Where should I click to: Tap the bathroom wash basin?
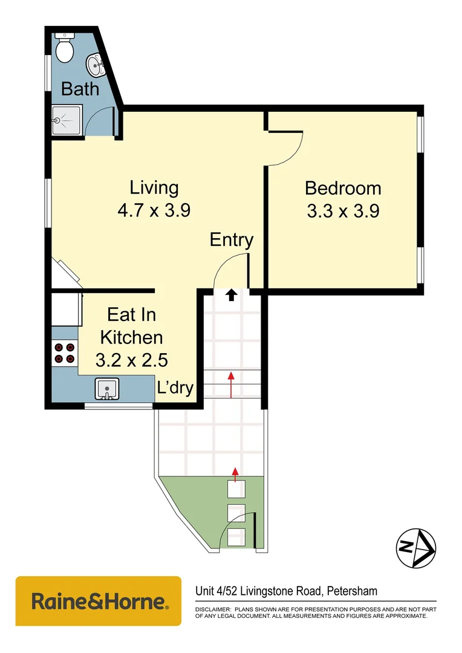(x=96, y=63)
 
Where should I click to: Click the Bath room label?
(x=80, y=89)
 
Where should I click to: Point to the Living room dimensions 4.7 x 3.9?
(x=155, y=210)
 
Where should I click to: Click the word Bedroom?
(x=343, y=188)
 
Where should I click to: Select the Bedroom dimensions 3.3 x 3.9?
(x=343, y=211)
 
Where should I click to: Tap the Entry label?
(x=231, y=240)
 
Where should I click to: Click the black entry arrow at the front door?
(x=231, y=295)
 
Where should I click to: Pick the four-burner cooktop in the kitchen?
(x=65, y=353)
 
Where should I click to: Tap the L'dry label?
(x=175, y=388)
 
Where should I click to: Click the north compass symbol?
(x=416, y=548)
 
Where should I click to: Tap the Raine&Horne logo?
(x=99, y=601)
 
